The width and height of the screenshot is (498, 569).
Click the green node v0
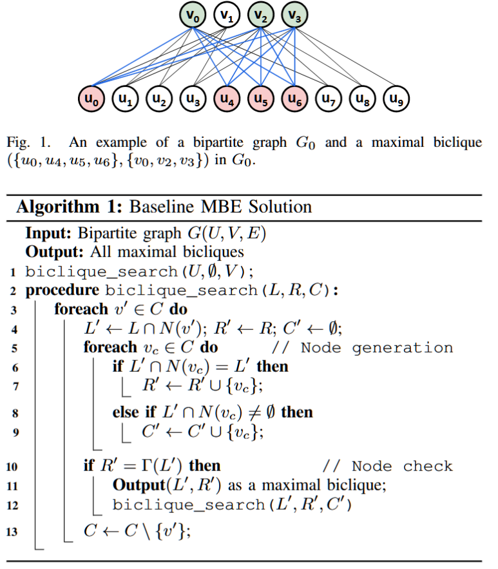[x=193, y=15]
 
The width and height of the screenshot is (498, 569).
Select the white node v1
[x=227, y=15]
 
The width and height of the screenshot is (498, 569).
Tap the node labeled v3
[x=294, y=15]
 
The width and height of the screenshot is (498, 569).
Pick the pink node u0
[x=91, y=99]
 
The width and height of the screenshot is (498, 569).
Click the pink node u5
[x=261, y=99]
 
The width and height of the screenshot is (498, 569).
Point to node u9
[x=396, y=99]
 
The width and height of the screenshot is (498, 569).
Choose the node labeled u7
[x=329, y=99]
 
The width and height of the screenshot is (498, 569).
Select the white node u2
[x=159, y=99]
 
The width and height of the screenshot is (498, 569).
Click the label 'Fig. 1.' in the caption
[x=28, y=142]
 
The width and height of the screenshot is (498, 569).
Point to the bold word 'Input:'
[x=48, y=233]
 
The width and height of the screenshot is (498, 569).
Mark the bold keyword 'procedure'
[x=62, y=291]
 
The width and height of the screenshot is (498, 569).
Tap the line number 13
[x=12, y=532]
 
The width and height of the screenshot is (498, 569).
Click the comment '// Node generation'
[x=362, y=347]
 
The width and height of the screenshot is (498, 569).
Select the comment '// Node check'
[x=388, y=466]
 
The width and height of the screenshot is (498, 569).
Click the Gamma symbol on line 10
[x=146, y=466]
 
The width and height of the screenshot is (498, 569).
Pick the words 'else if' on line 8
[x=134, y=412]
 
